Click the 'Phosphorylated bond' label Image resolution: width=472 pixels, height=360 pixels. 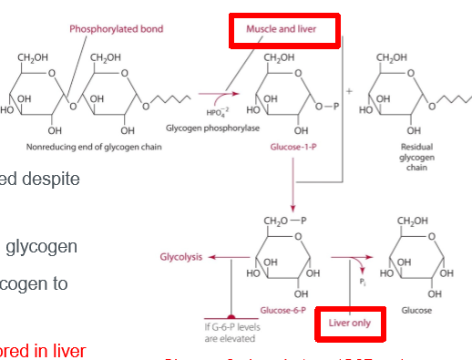tap(117, 28)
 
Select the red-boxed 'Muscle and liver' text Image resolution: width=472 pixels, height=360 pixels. tap(282, 29)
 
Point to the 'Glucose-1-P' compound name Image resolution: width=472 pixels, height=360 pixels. tap(292, 143)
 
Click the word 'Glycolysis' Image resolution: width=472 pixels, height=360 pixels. tap(182, 257)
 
